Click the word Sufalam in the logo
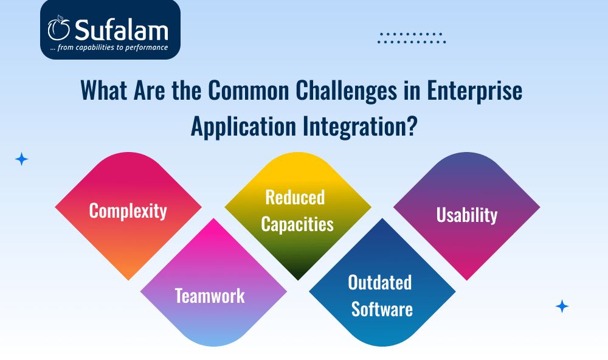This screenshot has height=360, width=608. click(122, 30)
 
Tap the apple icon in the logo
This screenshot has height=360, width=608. click(59, 28)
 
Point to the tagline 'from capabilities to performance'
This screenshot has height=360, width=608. click(112, 47)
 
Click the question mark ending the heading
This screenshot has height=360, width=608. click(412, 125)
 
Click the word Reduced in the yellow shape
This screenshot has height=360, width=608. click(295, 197)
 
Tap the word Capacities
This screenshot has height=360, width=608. click(297, 224)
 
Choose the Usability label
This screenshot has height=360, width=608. click(467, 215)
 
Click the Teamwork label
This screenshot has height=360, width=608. click(210, 296)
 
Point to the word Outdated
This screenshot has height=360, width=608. click(379, 282)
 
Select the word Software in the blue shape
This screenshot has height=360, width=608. click(382, 309)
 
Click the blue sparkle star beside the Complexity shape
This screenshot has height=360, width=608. click(22, 159)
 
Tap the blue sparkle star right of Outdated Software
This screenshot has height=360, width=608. click(562, 306)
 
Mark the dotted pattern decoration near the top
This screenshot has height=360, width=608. click(412, 38)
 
